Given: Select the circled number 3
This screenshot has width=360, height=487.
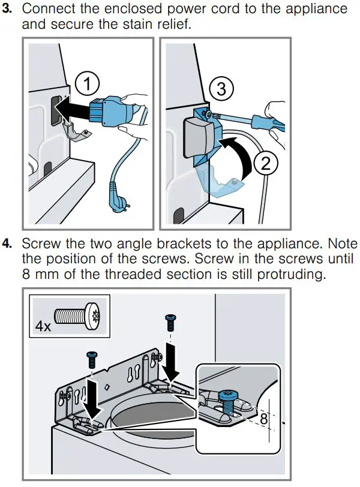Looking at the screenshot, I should click(x=221, y=89).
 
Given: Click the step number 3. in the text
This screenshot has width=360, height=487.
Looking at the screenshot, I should click(x=10, y=9).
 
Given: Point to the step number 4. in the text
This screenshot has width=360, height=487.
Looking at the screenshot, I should click(x=10, y=245).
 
